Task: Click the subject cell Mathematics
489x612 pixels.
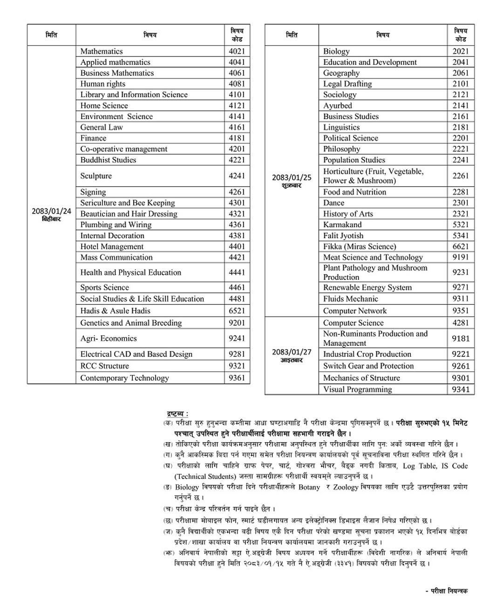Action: click(102, 51)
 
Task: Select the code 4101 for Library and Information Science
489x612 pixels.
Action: click(237, 94)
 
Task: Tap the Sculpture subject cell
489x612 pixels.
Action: click(96, 176)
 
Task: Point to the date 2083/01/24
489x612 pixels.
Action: click(51, 211)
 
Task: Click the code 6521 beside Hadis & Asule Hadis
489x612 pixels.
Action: click(237, 311)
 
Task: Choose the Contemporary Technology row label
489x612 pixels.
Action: click(124, 378)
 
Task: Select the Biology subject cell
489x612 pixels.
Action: click(336, 51)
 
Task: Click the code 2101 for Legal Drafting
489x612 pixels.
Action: click(461, 84)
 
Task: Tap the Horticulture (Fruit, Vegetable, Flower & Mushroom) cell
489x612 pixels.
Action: click(374, 176)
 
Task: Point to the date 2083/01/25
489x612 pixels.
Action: click(292, 177)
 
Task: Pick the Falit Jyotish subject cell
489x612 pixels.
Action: click(343, 235)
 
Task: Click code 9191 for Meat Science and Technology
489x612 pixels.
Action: click(461, 257)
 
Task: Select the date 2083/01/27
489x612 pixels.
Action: click(292, 352)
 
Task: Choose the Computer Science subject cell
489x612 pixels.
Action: click(353, 323)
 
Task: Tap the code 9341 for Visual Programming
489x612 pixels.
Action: click(461, 390)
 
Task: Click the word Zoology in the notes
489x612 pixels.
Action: click(346, 487)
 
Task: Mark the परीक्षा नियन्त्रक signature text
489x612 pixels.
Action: click(447, 591)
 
